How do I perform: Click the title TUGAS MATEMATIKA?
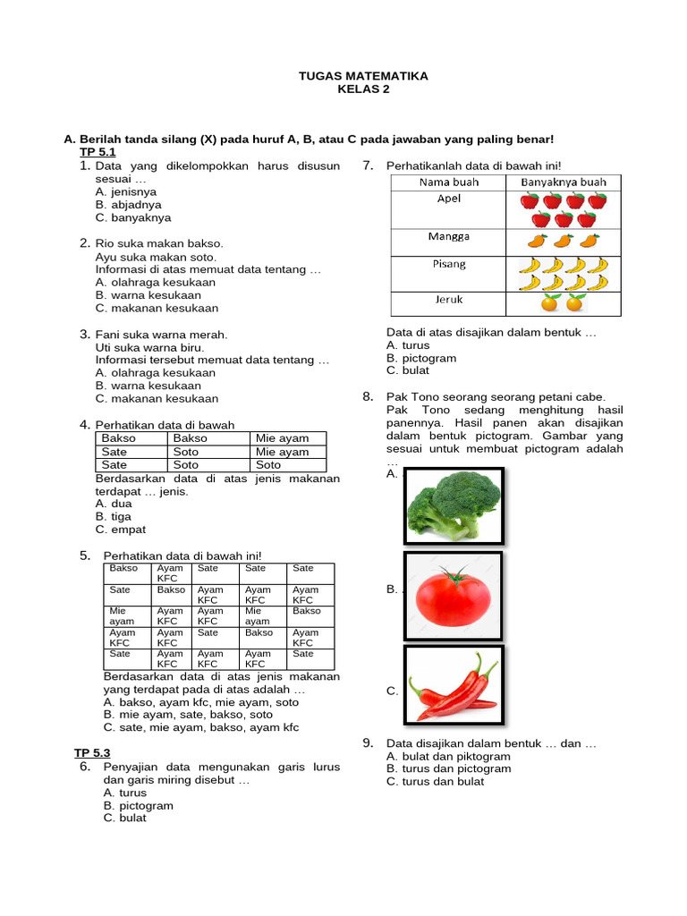[x=363, y=76]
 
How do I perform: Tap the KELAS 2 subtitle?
[x=363, y=89]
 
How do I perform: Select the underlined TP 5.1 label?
[x=98, y=153]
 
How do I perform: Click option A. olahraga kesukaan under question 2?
[x=156, y=283]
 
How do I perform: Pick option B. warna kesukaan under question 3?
[x=148, y=386]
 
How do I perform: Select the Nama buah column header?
[x=449, y=182]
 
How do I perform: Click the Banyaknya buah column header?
[x=564, y=182]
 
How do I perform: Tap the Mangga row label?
[x=449, y=237]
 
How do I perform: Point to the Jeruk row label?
[x=449, y=300]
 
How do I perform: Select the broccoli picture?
[x=454, y=505]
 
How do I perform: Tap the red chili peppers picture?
[x=454, y=684]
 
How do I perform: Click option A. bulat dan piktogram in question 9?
[x=448, y=756]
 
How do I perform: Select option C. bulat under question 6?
[x=124, y=818]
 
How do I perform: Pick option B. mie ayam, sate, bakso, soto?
[x=189, y=715]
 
